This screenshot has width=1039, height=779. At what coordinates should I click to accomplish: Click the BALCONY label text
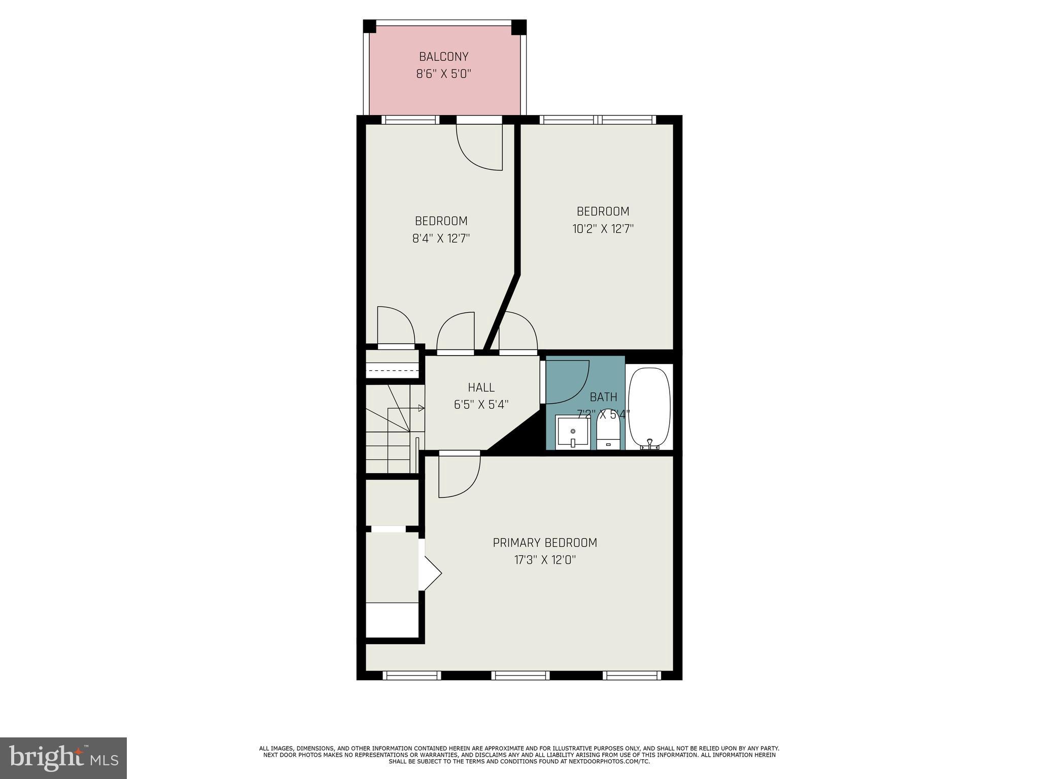pos(443,56)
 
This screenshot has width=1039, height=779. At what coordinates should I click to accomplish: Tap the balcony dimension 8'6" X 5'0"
pos(443,74)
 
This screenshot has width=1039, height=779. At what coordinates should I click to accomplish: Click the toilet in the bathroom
pos(608,430)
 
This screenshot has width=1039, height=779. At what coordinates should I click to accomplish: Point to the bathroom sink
pos(573,432)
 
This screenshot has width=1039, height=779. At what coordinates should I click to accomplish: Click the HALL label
pos(481,387)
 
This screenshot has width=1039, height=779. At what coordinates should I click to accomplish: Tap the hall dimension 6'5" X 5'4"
pos(481,405)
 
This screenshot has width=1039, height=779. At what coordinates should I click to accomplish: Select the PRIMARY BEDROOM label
pos(545,543)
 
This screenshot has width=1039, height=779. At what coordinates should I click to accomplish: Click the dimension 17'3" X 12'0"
pos(545,560)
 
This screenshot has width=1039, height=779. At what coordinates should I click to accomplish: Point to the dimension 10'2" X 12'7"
pos(603,229)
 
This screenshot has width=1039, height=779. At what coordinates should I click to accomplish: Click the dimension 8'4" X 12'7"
pos(441,238)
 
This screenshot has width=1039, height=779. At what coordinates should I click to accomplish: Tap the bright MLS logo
pos(63,758)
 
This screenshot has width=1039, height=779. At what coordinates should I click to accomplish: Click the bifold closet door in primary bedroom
pos(431,573)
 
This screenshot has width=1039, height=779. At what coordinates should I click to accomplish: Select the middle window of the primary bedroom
pos(521,675)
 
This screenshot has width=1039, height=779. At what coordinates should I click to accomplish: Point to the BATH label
pos(603,397)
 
